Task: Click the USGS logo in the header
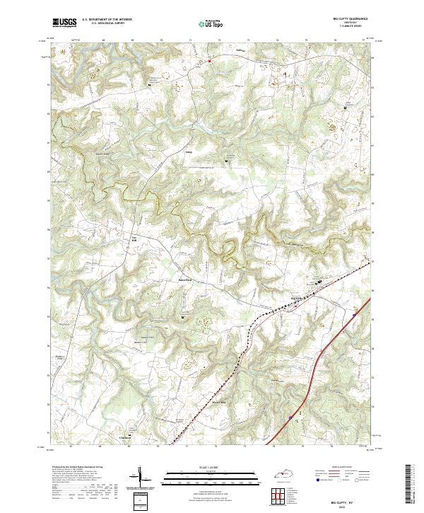coord(64,23)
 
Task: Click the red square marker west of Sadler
coord(209,61)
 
